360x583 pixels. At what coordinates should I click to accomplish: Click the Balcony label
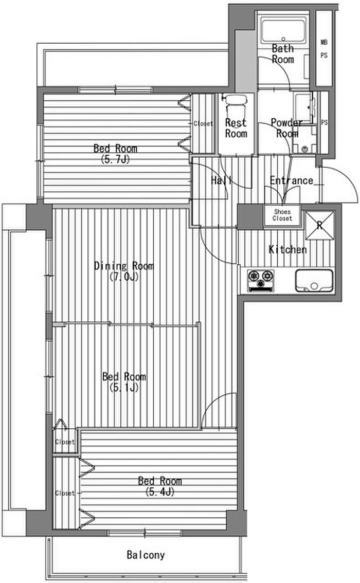pos(146,555)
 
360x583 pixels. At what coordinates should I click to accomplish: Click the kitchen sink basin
pos(314,281)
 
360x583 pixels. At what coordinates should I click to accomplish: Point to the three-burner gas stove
pos(261,280)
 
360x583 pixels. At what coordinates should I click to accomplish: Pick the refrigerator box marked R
pos(319,225)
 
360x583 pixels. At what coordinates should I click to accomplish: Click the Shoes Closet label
pos(282,215)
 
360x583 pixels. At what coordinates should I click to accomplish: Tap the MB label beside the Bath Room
pos(324,42)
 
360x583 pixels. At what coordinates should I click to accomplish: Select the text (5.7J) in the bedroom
pos(115,159)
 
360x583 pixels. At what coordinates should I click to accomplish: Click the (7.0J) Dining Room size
pos(124,277)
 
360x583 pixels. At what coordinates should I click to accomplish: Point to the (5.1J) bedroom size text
pos(124,388)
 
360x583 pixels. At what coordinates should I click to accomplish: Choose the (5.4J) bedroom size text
pos(160,492)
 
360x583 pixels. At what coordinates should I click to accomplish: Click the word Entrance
pos(292,180)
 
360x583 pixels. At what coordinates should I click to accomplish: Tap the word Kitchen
pos(287,249)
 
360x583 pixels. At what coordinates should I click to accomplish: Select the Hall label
pos(222,180)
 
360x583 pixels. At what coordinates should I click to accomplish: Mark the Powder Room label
pos(287,128)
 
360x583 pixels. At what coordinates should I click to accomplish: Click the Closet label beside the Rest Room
pos(203,123)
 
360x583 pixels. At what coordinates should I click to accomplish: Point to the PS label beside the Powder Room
pos(325,122)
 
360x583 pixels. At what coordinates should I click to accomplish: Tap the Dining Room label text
pos(123,266)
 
